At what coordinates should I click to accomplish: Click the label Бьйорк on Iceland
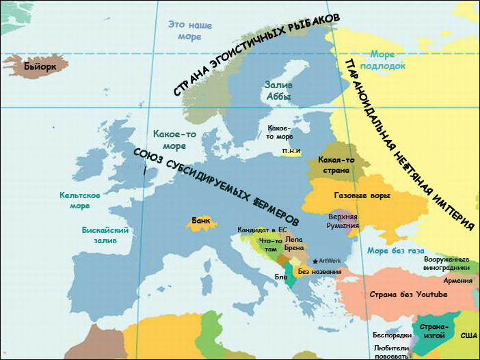tap(38, 67)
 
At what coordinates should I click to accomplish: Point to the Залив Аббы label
tap(278, 91)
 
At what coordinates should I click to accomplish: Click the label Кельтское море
tap(80, 200)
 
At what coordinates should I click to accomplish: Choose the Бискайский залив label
tap(105, 235)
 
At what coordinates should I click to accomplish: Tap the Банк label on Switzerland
tap(200, 221)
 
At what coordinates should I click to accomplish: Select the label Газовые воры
tap(362, 196)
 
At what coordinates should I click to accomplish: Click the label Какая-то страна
tap(336, 165)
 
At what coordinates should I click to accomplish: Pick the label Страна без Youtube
tap(408, 294)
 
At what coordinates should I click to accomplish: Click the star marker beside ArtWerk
tap(315, 261)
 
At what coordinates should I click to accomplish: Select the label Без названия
tap(320, 271)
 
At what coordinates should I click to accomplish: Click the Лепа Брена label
tap(295, 244)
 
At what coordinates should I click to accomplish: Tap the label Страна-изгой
tap(434, 331)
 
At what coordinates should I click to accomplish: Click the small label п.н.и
tap(291, 151)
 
